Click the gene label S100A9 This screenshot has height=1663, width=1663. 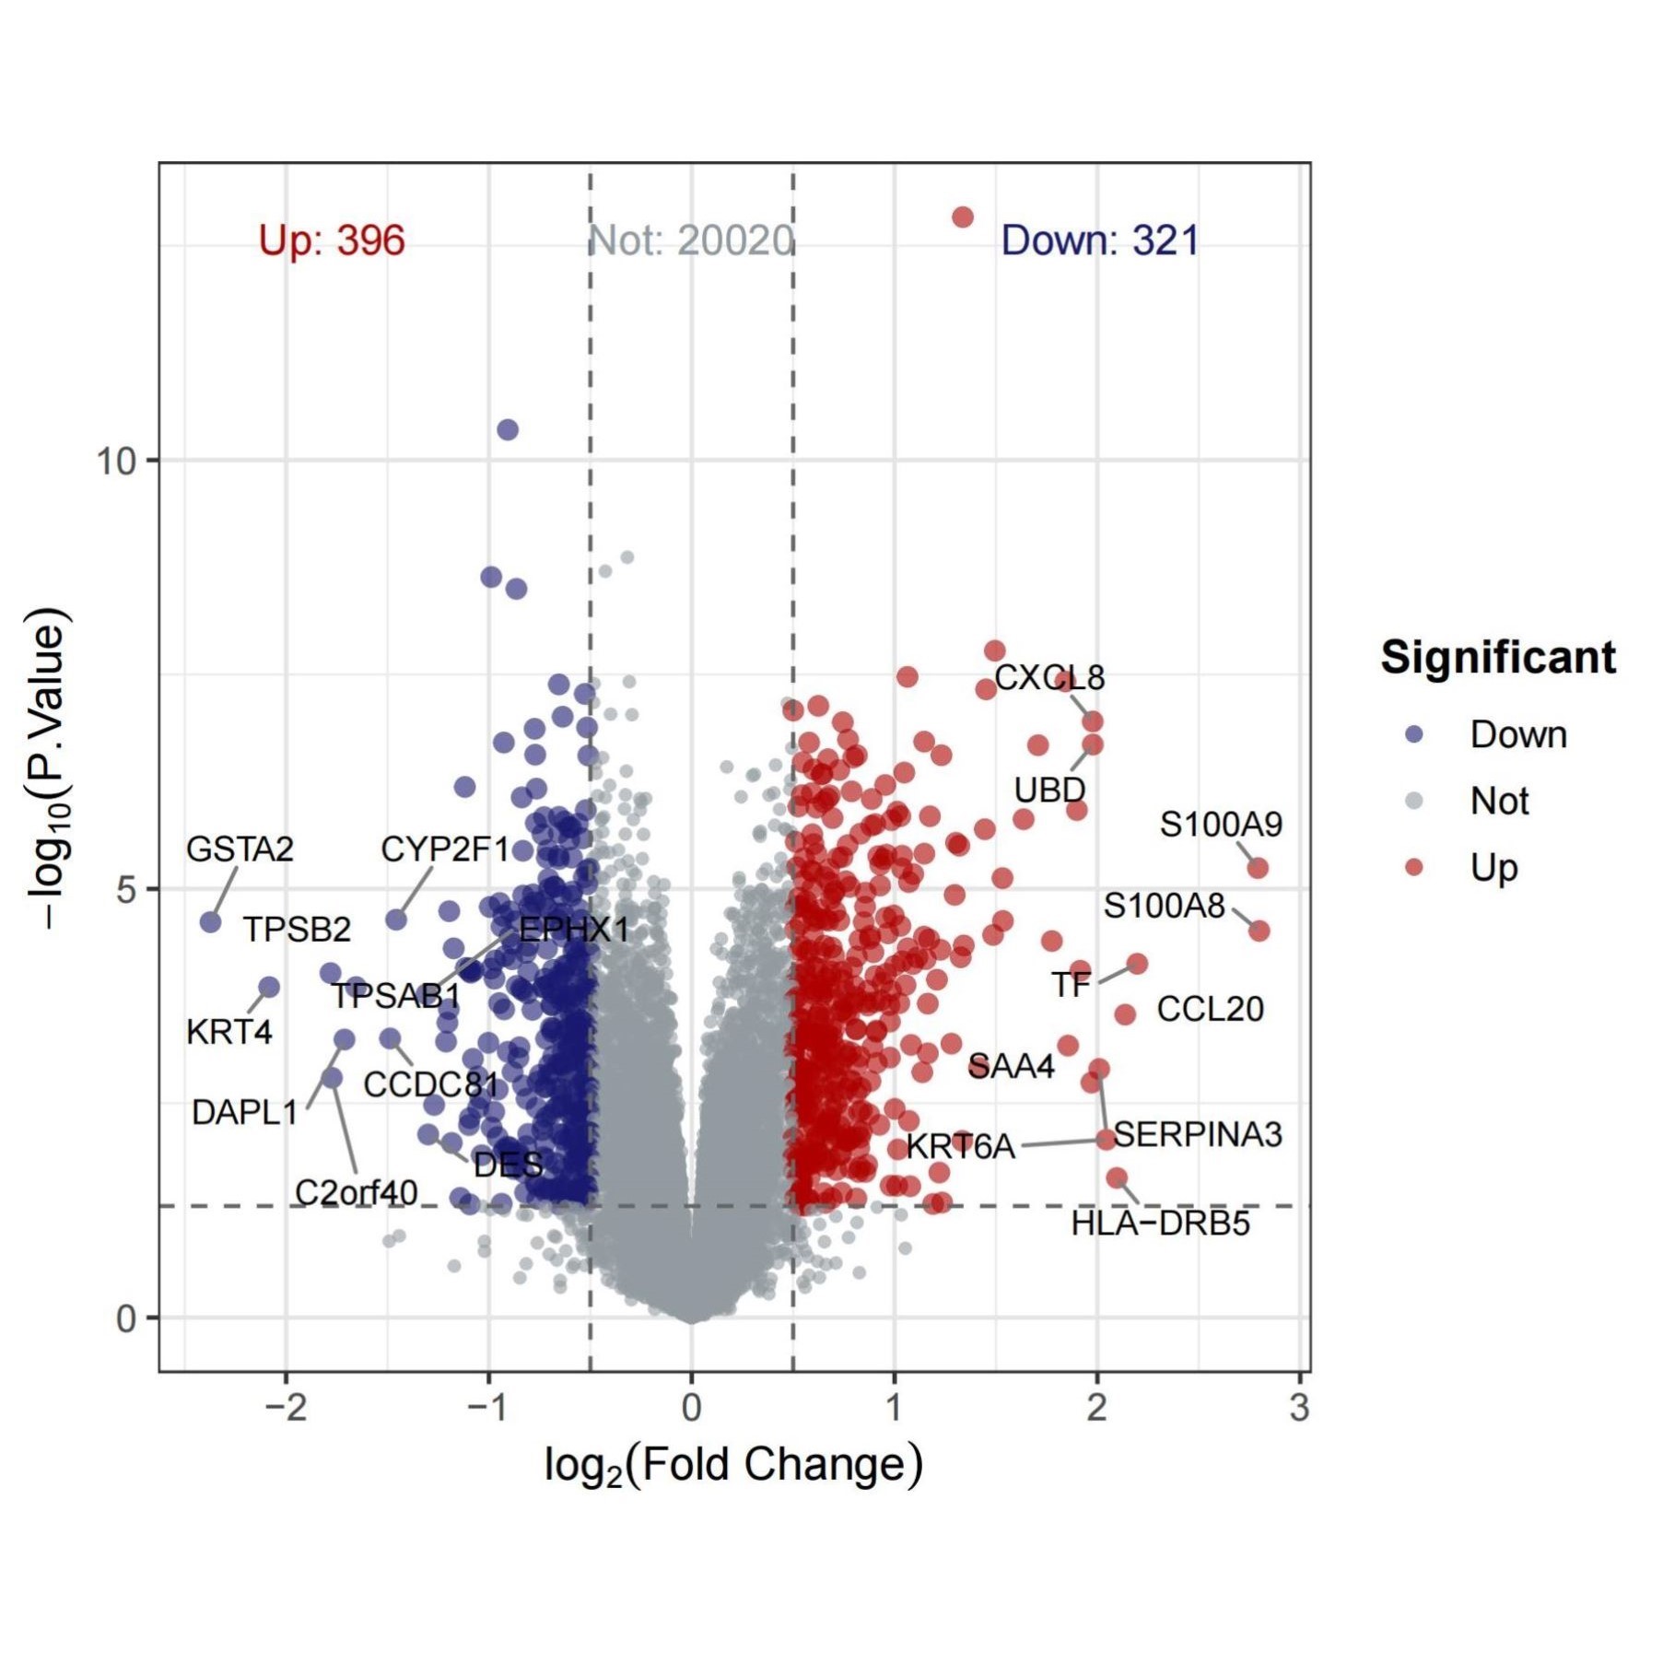pyautogui.click(x=1220, y=824)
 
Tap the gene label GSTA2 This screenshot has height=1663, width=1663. pyautogui.click(x=240, y=849)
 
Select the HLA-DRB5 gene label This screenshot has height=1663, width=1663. pyautogui.click(x=1160, y=1224)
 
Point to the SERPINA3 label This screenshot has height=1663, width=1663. pyautogui.click(x=1197, y=1134)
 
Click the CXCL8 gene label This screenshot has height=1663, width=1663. pyautogui.click(x=1048, y=678)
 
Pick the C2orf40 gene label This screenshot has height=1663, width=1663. pyautogui.click(x=356, y=1192)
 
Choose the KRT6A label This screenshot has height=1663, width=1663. pyautogui.click(x=960, y=1146)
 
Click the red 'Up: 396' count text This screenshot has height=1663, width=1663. pyautogui.click(x=332, y=240)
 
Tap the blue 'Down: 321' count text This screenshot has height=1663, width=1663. pyautogui.click(x=1099, y=240)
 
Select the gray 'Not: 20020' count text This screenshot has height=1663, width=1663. pyautogui.click(x=691, y=240)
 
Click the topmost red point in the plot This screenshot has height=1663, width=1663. pyautogui.click(x=963, y=217)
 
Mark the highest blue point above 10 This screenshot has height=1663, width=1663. pyautogui.click(x=508, y=429)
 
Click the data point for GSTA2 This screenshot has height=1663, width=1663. pyautogui.click(x=211, y=921)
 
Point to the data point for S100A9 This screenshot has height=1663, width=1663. pyautogui.click(x=1258, y=868)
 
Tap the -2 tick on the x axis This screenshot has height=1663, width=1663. pyautogui.click(x=285, y=1408)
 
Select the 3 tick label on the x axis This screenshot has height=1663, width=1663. pyautogui.click(x=1299, y=1408)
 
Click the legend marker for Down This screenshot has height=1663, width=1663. pyautogui.click(x=1414, y=734)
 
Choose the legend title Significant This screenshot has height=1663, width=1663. pyautogui.click(x=1497, y=658)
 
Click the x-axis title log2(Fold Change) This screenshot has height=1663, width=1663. pyautogui.click(x=732, y=1465)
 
